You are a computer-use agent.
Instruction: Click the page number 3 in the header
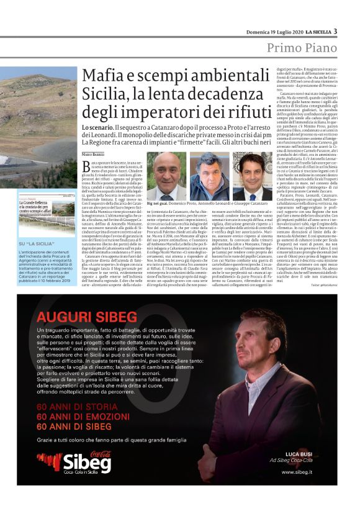click(336, 31)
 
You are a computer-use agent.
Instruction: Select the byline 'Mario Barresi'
click(94, 153)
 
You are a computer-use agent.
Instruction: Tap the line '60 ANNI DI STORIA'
click(70, 423)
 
